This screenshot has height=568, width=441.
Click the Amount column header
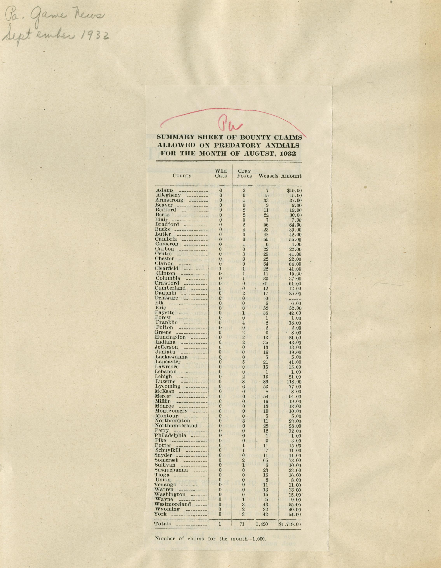291,176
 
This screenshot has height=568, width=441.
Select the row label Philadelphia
170,435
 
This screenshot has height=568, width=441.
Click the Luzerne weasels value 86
266,381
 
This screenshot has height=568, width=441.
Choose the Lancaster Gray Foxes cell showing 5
244,362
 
